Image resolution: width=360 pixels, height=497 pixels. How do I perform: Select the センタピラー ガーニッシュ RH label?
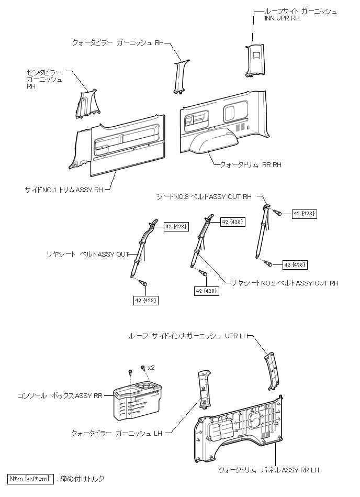44,79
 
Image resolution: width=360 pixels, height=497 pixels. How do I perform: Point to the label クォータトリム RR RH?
251,164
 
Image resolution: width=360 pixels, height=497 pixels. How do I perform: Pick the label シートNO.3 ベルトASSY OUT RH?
204,197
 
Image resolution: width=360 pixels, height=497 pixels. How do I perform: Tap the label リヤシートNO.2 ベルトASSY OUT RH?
285,283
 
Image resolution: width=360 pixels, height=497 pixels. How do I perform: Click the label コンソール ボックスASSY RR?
60,397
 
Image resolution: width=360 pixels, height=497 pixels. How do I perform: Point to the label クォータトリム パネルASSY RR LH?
269,470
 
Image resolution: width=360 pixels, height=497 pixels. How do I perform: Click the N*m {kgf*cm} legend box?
30,479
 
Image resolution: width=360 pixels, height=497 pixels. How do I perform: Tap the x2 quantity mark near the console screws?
151,368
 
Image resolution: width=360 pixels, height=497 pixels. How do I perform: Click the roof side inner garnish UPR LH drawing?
273,371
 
